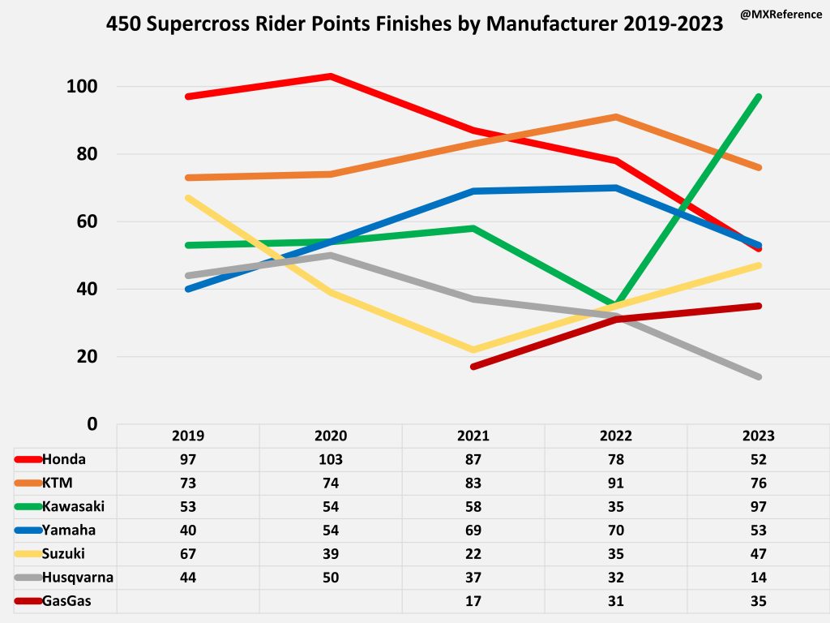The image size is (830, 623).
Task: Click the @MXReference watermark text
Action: point(781,15)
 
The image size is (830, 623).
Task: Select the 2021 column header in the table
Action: point(473,436)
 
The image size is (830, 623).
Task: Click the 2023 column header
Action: point(759,436)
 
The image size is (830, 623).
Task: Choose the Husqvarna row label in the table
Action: point(77,578)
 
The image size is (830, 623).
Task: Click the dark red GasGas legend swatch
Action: point(28,602)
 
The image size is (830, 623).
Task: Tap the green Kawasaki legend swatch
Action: point(28,507)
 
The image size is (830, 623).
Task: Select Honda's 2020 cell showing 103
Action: point(331,459)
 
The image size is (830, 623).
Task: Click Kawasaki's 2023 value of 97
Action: point(759,507)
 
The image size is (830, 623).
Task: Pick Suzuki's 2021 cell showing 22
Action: point(473,554)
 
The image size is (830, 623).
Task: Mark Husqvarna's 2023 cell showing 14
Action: point(759,578)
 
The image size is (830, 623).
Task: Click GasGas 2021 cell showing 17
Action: point(473,602)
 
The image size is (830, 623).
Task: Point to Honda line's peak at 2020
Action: point(331,76)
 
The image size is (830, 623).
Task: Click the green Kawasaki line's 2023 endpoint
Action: point(759,97)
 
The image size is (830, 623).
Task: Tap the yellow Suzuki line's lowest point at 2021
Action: point(473,350)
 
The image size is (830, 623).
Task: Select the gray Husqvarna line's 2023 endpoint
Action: point(759,376)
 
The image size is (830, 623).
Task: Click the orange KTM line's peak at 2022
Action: point(616,117)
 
